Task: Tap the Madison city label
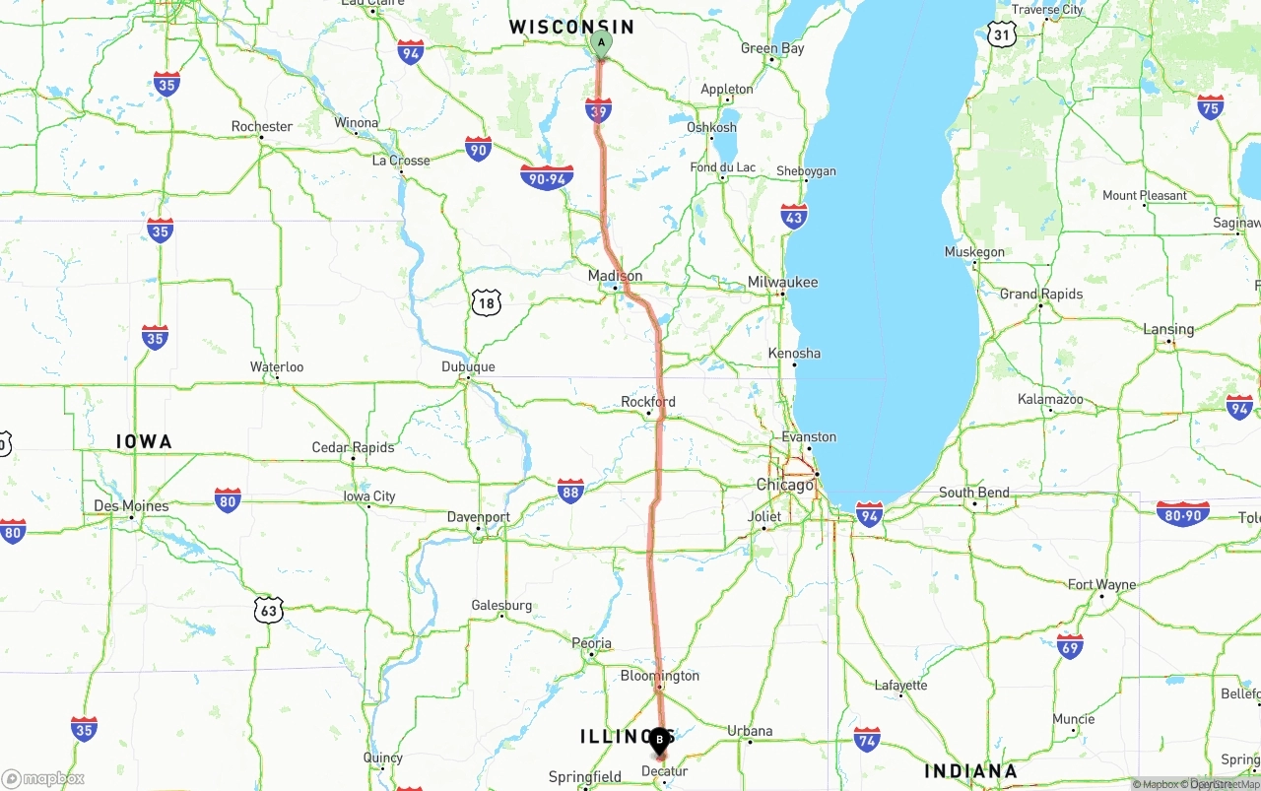pos(615,276)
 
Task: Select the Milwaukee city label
pos(782,283)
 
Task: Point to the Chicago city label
pos(785,485)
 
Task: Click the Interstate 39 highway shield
pos(598,110)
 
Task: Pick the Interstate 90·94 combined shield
pos(547,178)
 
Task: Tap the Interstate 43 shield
pos(794,217)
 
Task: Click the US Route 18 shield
pos(486,303)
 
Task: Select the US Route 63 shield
pos(269,611)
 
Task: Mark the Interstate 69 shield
pos(1070,646)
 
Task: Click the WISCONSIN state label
pos(571,27)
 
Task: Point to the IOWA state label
pos(144,441)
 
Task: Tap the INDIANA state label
pos(970,770)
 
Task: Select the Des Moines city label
pos(131,506)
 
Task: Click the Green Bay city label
pos(772,48)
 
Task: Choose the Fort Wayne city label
pos(1101,585)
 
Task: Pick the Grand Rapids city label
pos(1040,294)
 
